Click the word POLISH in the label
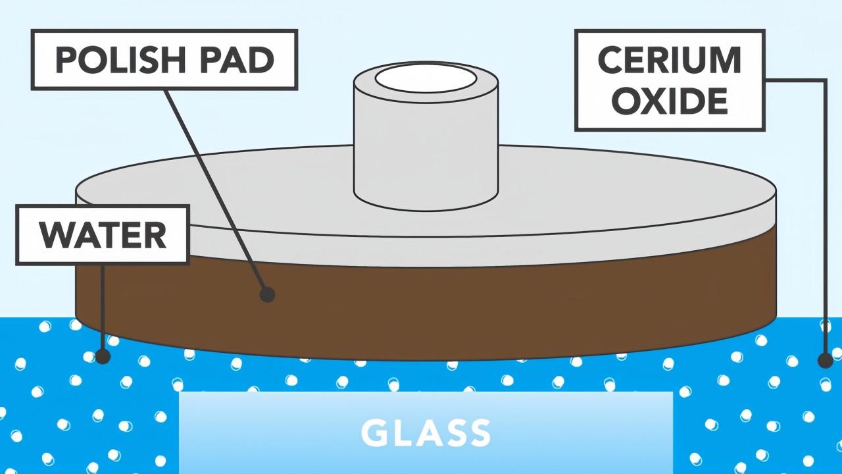click(x=120, y=60)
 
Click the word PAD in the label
click(x=237, y=60)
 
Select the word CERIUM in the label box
click(x=670, y=60)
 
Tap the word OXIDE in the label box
click(x=670, y=101)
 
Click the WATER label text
click(x=103, y=235)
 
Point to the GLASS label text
click(x=426, y=433)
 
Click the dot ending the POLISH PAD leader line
click(x=267, y=294)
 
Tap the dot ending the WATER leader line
click(x=103, y=356)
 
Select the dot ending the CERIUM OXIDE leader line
click(x=826, y=361)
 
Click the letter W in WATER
click(x=58, y=235)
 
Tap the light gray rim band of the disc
click(x=426, y=252)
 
